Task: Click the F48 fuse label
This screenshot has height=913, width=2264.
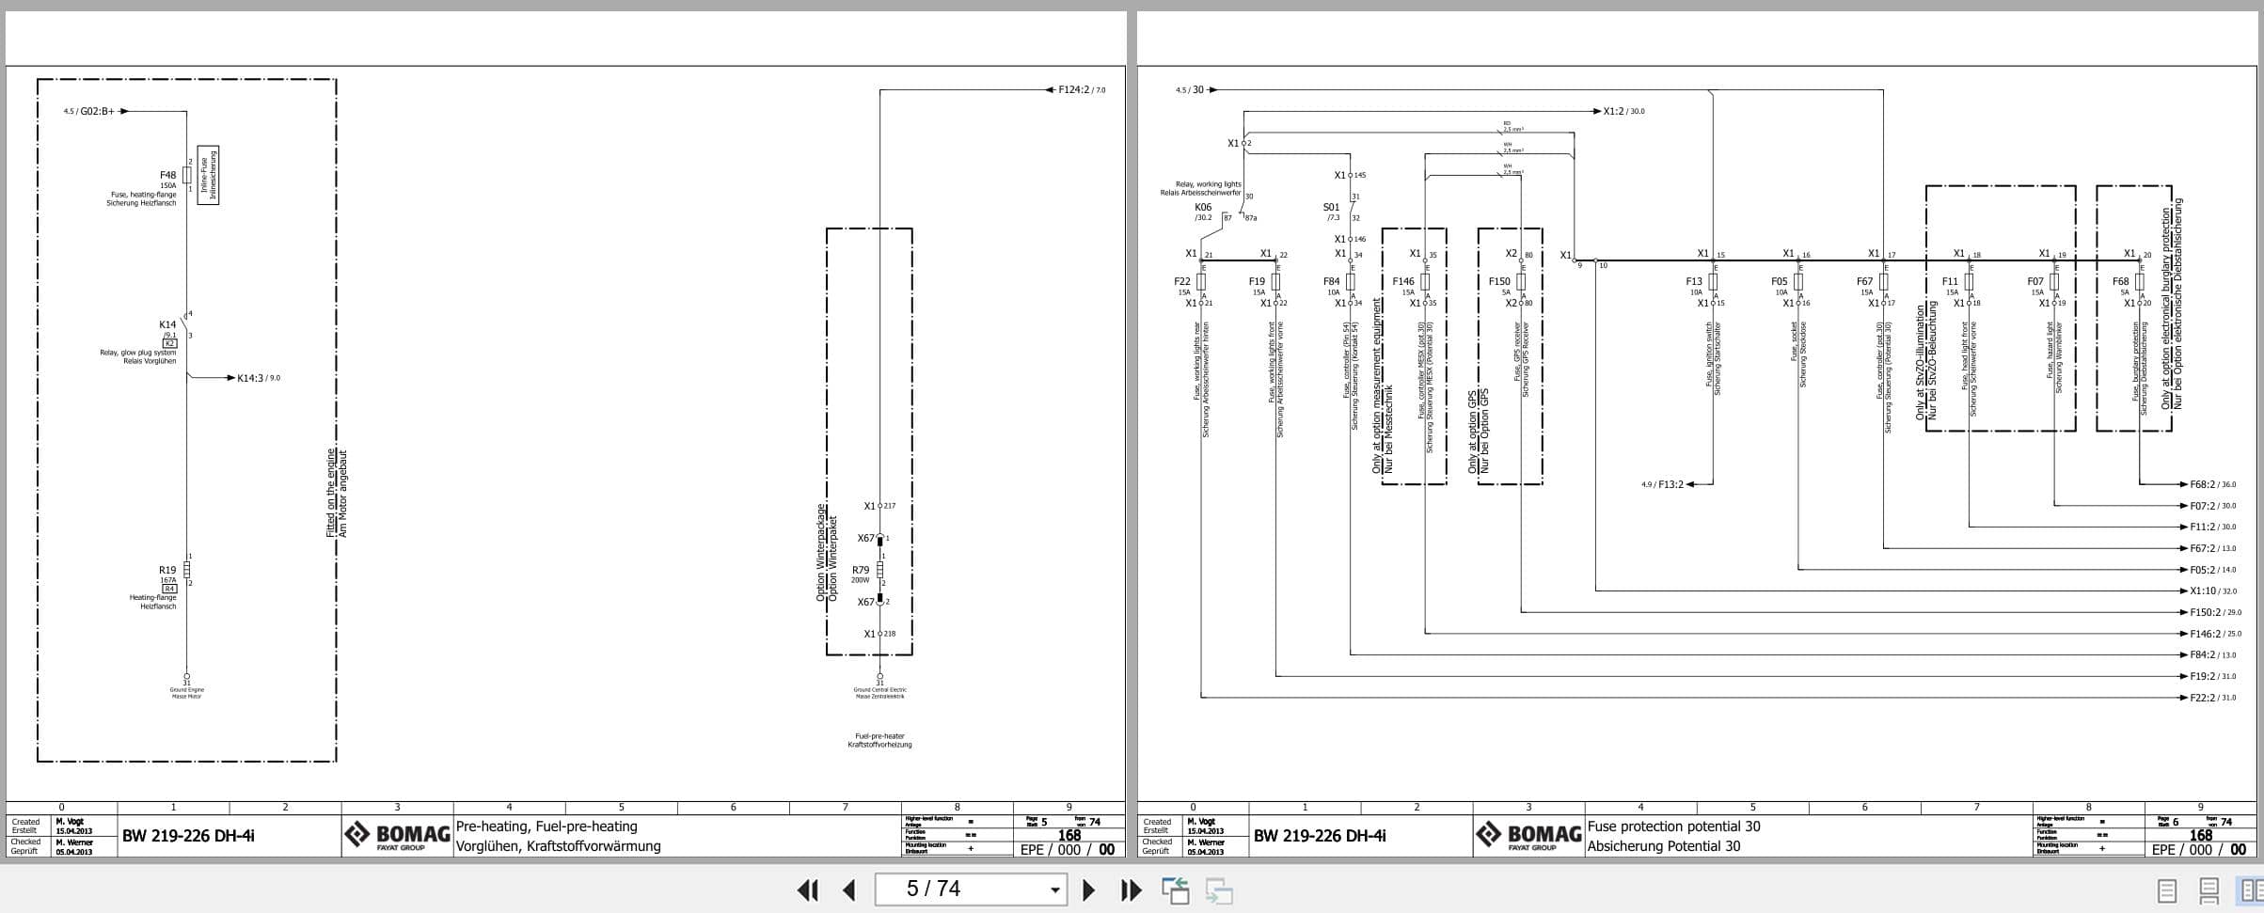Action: pyautogui.click(x=167, y=175)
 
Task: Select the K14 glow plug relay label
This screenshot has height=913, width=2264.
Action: pyautogui.click(x=167, y=324)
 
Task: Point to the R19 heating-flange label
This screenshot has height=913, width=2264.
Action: pyautogui.click(x=167, y=570)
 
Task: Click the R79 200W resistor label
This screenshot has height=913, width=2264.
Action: pyautogui.click(x=861, y=570)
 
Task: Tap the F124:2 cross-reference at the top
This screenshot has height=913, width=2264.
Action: pyautogui.click(x=1073, y=89)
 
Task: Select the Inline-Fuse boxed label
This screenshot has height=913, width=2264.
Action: pyautogui.click(x=209, y=175)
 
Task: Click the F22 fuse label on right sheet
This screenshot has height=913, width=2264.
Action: pyautogui.click(x=1182, y=281)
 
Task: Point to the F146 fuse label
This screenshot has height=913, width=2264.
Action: pyautogui.click(x=1403, y=281)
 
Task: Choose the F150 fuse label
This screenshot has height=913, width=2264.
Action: pyautogui.click(x=1499, y=281)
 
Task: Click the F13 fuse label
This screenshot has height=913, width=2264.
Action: pyautogui.click(x=1694, y=281)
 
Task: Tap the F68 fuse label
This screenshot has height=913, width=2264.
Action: pyautogui.click(x=2121, y=281)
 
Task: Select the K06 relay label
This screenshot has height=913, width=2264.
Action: pyautogui.click(x=1203, y=207)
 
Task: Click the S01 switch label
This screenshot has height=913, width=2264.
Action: pyautogui.click(x=1331, y=207)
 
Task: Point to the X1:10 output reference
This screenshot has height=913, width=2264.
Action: pyautogui.click(x=2203, y=591)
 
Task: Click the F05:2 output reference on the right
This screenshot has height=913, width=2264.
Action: pyautogui.click(x=2203, y=570)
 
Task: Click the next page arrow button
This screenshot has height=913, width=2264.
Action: pyautogui.click(x=1088, y=889)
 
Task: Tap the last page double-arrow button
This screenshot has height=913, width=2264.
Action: pyautogui.click(x=1132, y=889)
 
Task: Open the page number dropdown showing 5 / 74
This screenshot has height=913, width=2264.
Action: pyautogui.click(x=1054, y=889)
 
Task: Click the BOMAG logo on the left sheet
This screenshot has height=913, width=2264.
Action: pyautogui.click(x=397, y=835)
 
